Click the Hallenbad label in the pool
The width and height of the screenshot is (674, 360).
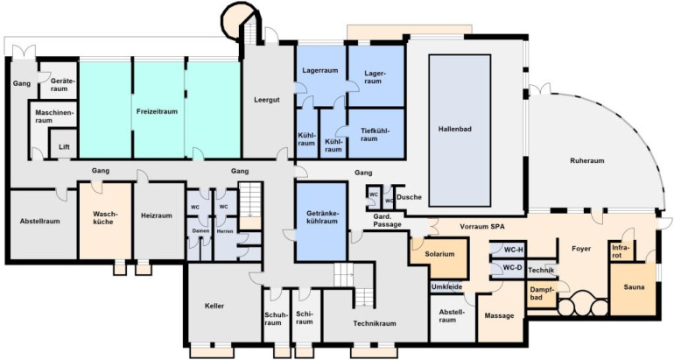pos(455,129)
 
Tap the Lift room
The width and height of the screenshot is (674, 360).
pos(64,144)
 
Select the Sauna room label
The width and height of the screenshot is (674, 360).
pos(634,287)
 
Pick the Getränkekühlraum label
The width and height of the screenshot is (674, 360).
pos(322,217)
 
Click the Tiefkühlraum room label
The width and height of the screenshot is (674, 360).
pos(376,135)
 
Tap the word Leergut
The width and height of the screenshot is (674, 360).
pos(266,99)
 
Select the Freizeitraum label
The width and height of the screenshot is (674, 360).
pos(157,111)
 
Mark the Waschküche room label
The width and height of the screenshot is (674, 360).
pos(105,217)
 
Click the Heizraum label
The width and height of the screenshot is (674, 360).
pos(157,215)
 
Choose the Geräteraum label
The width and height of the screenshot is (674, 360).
pos(59,84)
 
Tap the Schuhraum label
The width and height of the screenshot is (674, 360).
pos(273,318)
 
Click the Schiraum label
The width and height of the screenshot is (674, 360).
pos(305,318)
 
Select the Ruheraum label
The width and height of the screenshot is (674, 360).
pos(587,160)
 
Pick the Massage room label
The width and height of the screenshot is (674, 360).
pos(499,315)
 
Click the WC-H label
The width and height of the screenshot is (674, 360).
pos(513,251)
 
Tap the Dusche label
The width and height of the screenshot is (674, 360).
pos(409,197)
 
